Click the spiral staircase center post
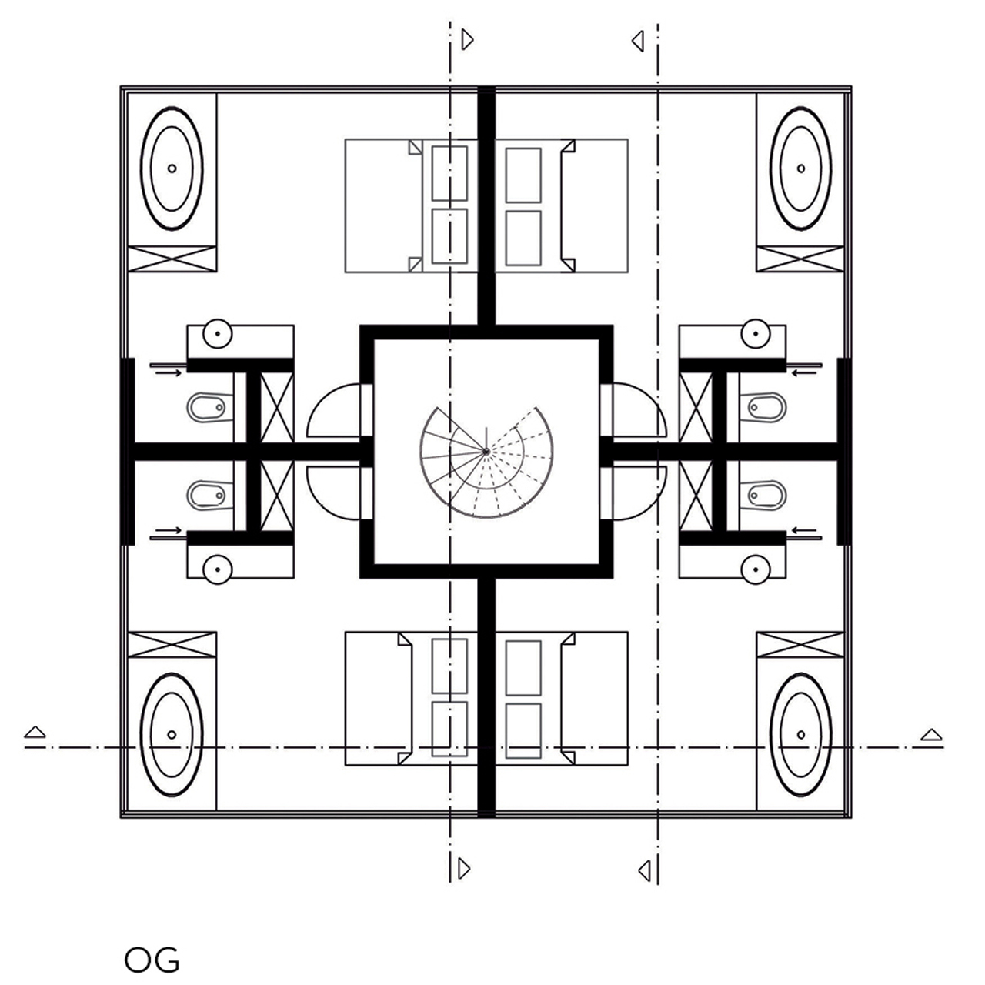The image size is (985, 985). tap(486, 452)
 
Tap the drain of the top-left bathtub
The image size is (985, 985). tap(172, 169)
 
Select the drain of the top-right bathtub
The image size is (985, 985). tap(801, 169)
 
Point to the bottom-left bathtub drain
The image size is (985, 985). tap(172, 735)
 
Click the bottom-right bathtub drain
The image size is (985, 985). tap(801, 735)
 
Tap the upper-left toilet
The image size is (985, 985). tap(206, 407)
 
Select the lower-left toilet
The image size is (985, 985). tap(206, 495)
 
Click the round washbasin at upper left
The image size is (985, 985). tap(218, 334)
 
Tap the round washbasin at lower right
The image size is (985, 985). tap(756, 569)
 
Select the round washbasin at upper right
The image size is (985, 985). tap(756, 334)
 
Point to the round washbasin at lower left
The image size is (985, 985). tap(218, 569)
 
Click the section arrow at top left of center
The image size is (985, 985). tap(467, 39)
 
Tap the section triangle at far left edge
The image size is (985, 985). tap(35, 732)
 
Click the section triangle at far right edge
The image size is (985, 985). tap(931, 735)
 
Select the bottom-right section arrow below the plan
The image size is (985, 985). tap(644, 871)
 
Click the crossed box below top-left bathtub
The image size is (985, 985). tap(172, 259)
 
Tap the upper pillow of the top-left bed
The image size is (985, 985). tap(449, 174)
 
